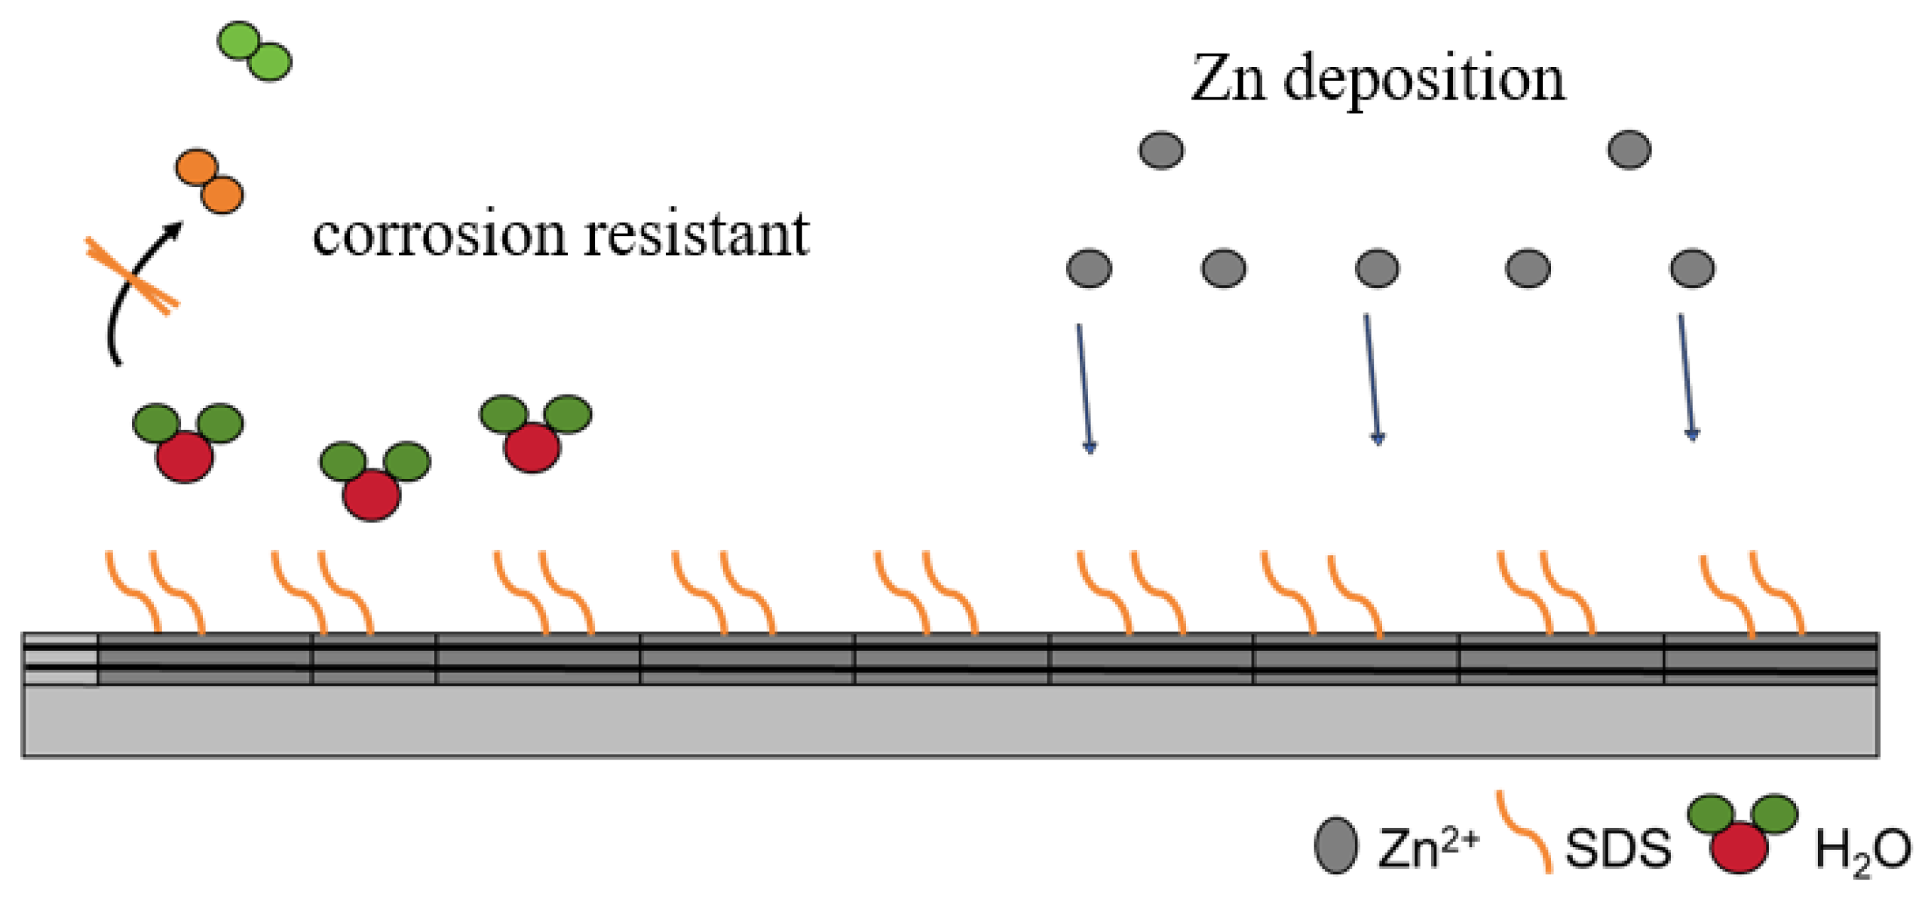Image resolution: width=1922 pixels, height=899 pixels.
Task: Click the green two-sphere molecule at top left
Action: coord(254,51)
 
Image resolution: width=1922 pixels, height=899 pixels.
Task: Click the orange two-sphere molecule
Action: coord(209,181)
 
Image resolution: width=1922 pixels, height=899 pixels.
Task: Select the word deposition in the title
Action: coord(1424,79)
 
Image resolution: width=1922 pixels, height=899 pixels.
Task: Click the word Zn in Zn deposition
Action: coord(1227,79)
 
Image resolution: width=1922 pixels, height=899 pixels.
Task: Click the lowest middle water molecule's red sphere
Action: coord(372,495)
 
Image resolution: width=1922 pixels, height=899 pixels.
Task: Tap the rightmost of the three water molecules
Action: coord(534,434)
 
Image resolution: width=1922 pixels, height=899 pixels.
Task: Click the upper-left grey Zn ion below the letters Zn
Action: coord(1160,150)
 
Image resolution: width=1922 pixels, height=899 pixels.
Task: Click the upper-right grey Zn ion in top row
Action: coord(1629,149)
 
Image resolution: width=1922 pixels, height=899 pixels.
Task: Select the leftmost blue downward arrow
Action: coord(1084,388)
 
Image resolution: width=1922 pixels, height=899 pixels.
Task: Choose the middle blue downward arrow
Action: coord(1372,379)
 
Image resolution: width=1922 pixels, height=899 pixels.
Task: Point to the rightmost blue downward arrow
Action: coord(1686,377)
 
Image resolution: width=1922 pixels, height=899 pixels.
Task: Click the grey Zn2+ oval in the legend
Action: coord(1335,845)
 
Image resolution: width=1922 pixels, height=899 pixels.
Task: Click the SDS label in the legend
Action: coord(1617,848)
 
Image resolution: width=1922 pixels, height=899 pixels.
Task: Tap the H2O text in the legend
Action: coord(1862,851)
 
